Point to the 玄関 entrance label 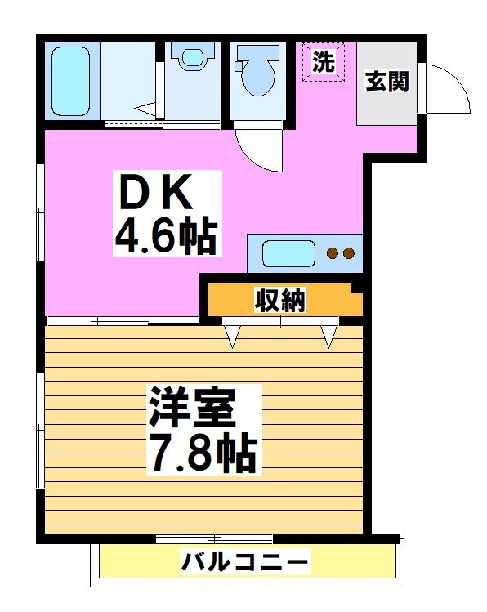tap(386, 82)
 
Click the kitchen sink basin tap(289, 252)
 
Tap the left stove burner tap(333, 253)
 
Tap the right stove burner tap(349, 253)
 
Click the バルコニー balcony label tap(245, 562)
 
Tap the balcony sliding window tap(214, 538)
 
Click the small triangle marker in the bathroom tap(145, 106)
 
